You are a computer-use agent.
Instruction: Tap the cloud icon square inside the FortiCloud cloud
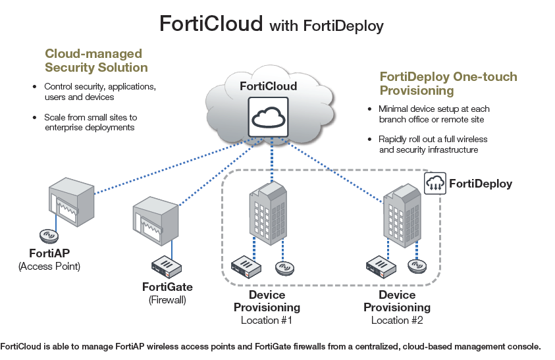268,118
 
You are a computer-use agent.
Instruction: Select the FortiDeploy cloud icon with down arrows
435,183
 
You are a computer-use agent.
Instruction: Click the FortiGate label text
167,287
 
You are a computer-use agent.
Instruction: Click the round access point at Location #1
284,268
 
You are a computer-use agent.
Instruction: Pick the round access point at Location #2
417,266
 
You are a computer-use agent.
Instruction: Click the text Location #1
266,321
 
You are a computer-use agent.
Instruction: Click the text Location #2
397,321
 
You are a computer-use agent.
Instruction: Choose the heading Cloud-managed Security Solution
96,61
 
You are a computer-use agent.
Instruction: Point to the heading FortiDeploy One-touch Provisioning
448,84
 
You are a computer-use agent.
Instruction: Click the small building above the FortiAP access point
72,205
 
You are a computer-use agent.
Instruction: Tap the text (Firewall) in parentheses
167,300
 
